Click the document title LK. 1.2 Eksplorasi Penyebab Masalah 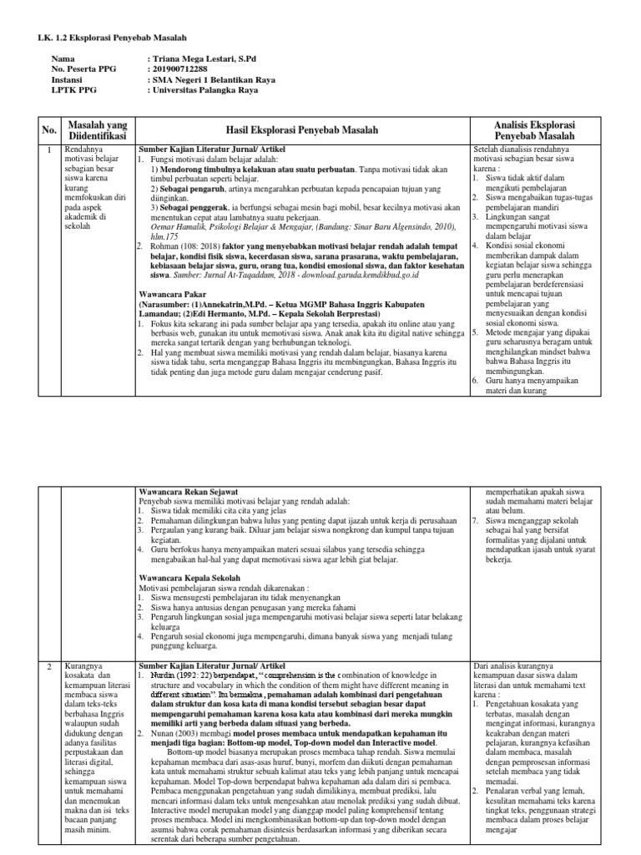(113, 38)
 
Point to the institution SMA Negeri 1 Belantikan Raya (216, 82)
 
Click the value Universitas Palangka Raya (209, 93)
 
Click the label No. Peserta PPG (82, 71)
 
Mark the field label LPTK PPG (72, 93)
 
